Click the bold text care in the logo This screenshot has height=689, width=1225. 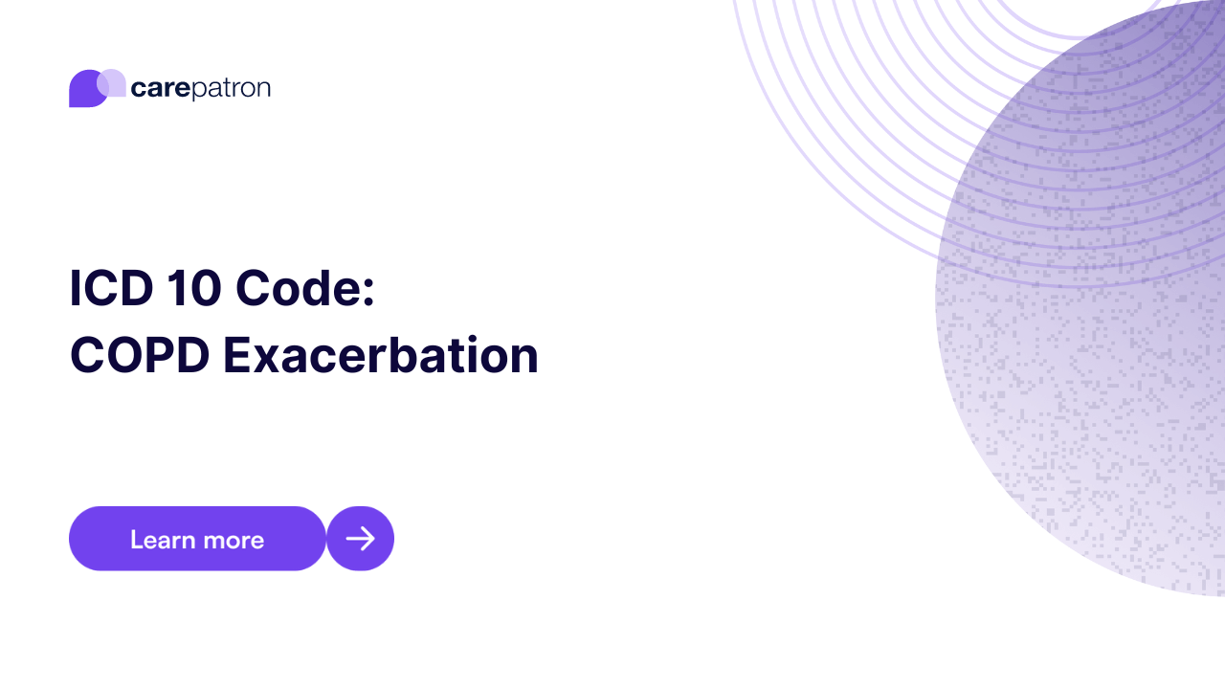coord(160,89)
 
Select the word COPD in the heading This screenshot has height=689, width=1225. coord(138,356)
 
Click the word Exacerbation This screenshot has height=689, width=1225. coord(381,356)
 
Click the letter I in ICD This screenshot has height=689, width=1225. coord(75,289)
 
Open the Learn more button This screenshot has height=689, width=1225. coord(197,539)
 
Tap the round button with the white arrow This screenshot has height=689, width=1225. coord(360,539)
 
